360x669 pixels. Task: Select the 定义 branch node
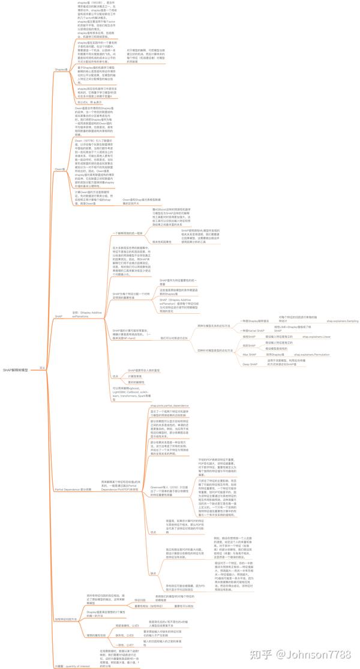coord(42,367)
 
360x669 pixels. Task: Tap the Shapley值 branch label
coord(61,70)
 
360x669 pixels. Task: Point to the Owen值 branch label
coord(60,169)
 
